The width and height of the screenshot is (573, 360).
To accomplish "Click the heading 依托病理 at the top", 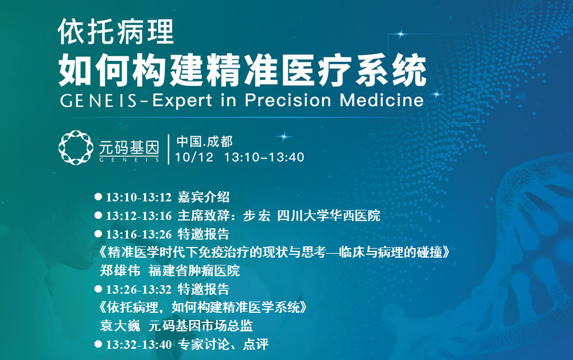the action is [116, 32].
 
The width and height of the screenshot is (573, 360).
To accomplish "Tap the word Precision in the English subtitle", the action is [288, 100].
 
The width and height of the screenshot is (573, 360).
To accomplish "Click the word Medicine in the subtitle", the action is [382, 100].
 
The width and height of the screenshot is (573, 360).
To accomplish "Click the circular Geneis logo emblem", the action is [76, 147].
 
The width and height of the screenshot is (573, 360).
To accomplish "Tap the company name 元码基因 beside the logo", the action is [129, 147].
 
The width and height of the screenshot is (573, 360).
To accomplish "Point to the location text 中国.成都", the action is [205, 141].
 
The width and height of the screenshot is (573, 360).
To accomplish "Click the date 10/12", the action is [194, 157].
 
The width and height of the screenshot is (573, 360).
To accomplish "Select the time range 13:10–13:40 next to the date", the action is [264, 157].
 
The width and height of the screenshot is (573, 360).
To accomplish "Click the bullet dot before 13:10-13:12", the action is [98, 197].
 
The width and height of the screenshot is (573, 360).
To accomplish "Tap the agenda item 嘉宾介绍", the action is [204, 197].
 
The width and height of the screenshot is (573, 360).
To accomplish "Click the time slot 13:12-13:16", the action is [139, 215].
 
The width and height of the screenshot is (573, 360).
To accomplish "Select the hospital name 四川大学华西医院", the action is [328, 215].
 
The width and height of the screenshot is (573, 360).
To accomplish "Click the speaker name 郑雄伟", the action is [120, 271].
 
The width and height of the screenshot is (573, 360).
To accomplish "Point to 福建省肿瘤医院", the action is [194, 271].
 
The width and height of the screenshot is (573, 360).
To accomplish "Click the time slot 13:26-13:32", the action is [139, 290].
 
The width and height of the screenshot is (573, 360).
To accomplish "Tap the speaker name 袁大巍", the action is [120, 326].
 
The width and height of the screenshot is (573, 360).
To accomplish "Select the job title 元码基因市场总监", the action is [201, 326].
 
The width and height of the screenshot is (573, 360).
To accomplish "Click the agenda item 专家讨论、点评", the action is [223, 344].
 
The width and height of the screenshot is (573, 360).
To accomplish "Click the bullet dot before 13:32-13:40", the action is [98, 344].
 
